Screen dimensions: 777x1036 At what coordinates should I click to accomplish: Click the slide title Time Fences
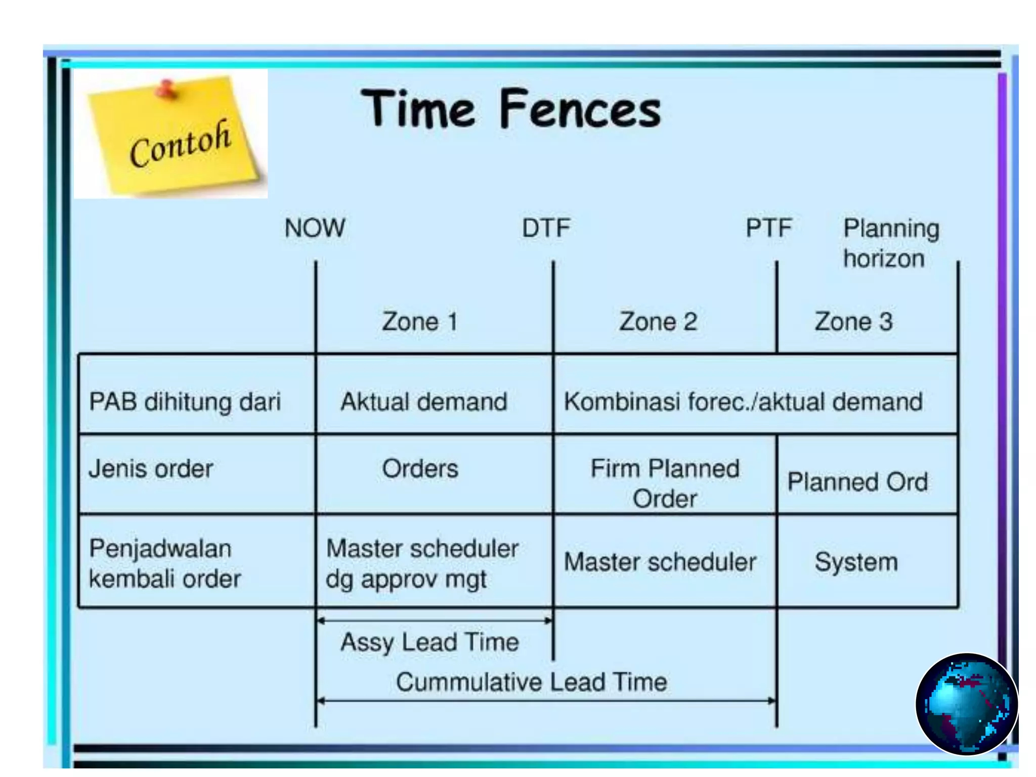(510, 108)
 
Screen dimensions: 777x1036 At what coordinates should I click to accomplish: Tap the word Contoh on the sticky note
(180, 144)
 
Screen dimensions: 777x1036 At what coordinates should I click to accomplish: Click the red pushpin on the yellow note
(165, 89)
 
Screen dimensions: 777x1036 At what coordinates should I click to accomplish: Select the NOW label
(315, 228)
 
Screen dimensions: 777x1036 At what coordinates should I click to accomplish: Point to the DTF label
(546, 228)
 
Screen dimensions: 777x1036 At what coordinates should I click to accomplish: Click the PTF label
(768, 228)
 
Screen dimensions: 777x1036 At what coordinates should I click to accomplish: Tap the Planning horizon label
(890, 243)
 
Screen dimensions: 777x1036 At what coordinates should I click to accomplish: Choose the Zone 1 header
(420, 322)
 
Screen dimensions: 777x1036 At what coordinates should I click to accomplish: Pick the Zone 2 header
(658, 322)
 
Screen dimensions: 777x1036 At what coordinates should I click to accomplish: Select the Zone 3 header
(853, 322)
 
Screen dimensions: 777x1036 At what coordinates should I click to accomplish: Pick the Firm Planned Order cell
(665, 483)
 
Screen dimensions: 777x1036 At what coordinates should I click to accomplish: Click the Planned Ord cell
(857, 482)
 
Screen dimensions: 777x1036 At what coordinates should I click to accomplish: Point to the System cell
(856, 562)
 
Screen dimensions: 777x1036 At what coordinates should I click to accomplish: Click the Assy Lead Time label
(429, 642)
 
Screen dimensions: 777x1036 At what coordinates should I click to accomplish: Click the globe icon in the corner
(966, 704)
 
